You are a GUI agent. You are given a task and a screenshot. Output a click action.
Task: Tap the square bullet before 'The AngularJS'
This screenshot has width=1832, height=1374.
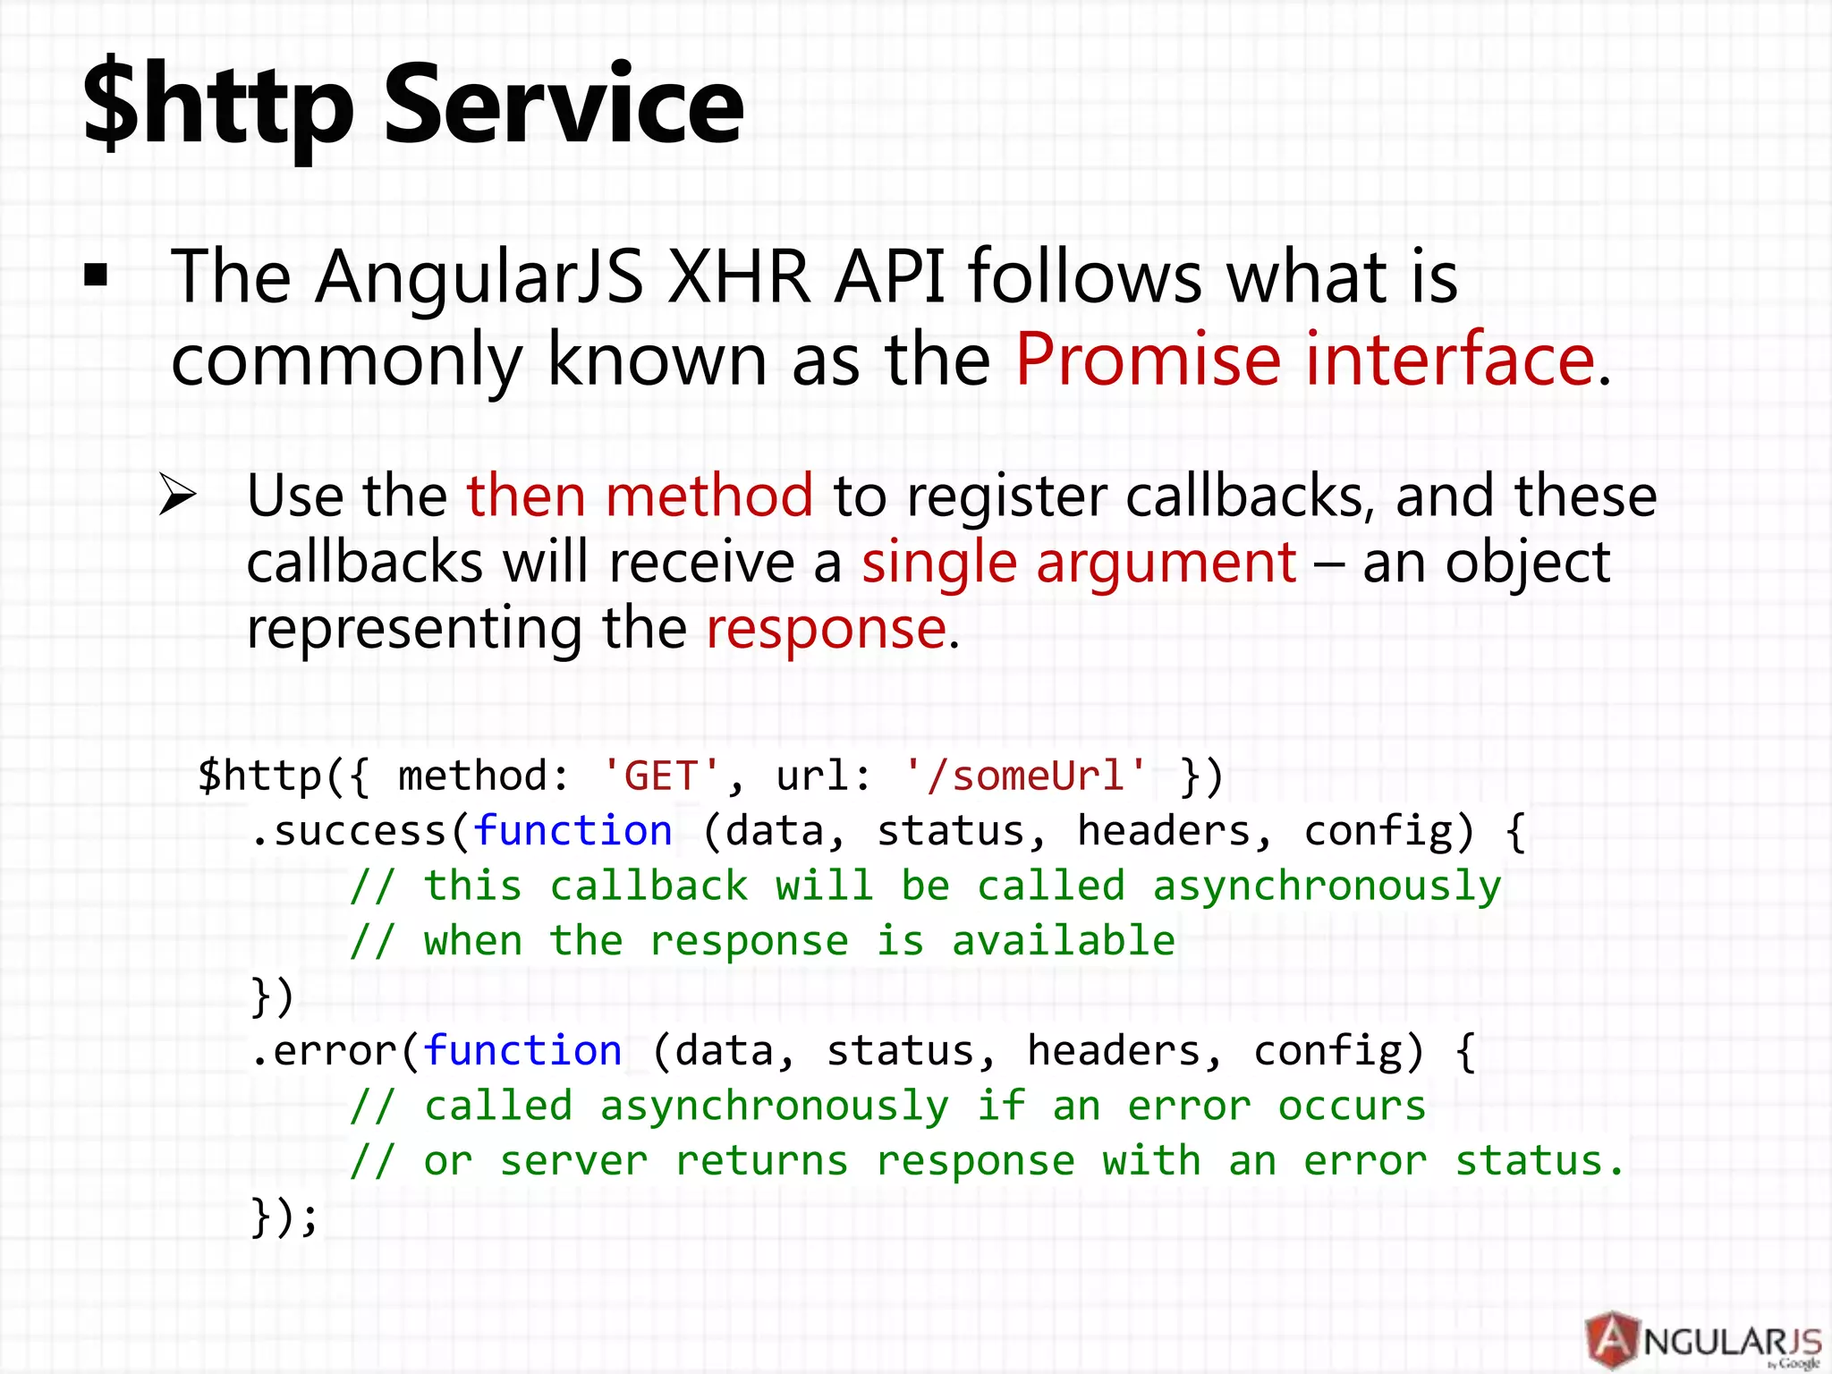point(96,276)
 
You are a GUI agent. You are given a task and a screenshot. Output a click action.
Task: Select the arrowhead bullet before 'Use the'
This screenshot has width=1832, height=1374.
point(177,495)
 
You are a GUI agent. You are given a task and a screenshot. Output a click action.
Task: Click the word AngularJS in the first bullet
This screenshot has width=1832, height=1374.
point(479,276)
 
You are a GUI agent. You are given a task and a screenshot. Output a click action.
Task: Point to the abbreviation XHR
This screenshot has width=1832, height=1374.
point(739,276)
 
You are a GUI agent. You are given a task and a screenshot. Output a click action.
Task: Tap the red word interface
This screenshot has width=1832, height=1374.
point(1450,359)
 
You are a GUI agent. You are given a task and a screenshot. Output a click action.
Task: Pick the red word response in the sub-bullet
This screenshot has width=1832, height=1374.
point(826,628)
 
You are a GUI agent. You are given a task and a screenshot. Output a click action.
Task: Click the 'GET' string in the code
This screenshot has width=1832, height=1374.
point(661,776)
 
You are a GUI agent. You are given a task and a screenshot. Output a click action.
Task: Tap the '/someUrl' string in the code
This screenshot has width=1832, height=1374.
point(1025,776)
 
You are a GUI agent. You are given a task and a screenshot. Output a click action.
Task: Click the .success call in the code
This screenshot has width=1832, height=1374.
point(349,831)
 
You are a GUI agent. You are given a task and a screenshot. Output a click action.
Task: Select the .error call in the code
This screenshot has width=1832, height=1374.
point(324,1051)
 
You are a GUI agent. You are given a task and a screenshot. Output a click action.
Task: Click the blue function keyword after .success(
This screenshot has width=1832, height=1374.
point(572,831)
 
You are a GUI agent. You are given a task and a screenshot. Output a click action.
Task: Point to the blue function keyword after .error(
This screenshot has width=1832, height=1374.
point(522,1051)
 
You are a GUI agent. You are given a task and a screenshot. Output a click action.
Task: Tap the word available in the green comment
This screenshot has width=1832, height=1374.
point(1063,941)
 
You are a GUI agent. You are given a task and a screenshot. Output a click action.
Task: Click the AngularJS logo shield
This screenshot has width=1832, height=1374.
point(1612,1339)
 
